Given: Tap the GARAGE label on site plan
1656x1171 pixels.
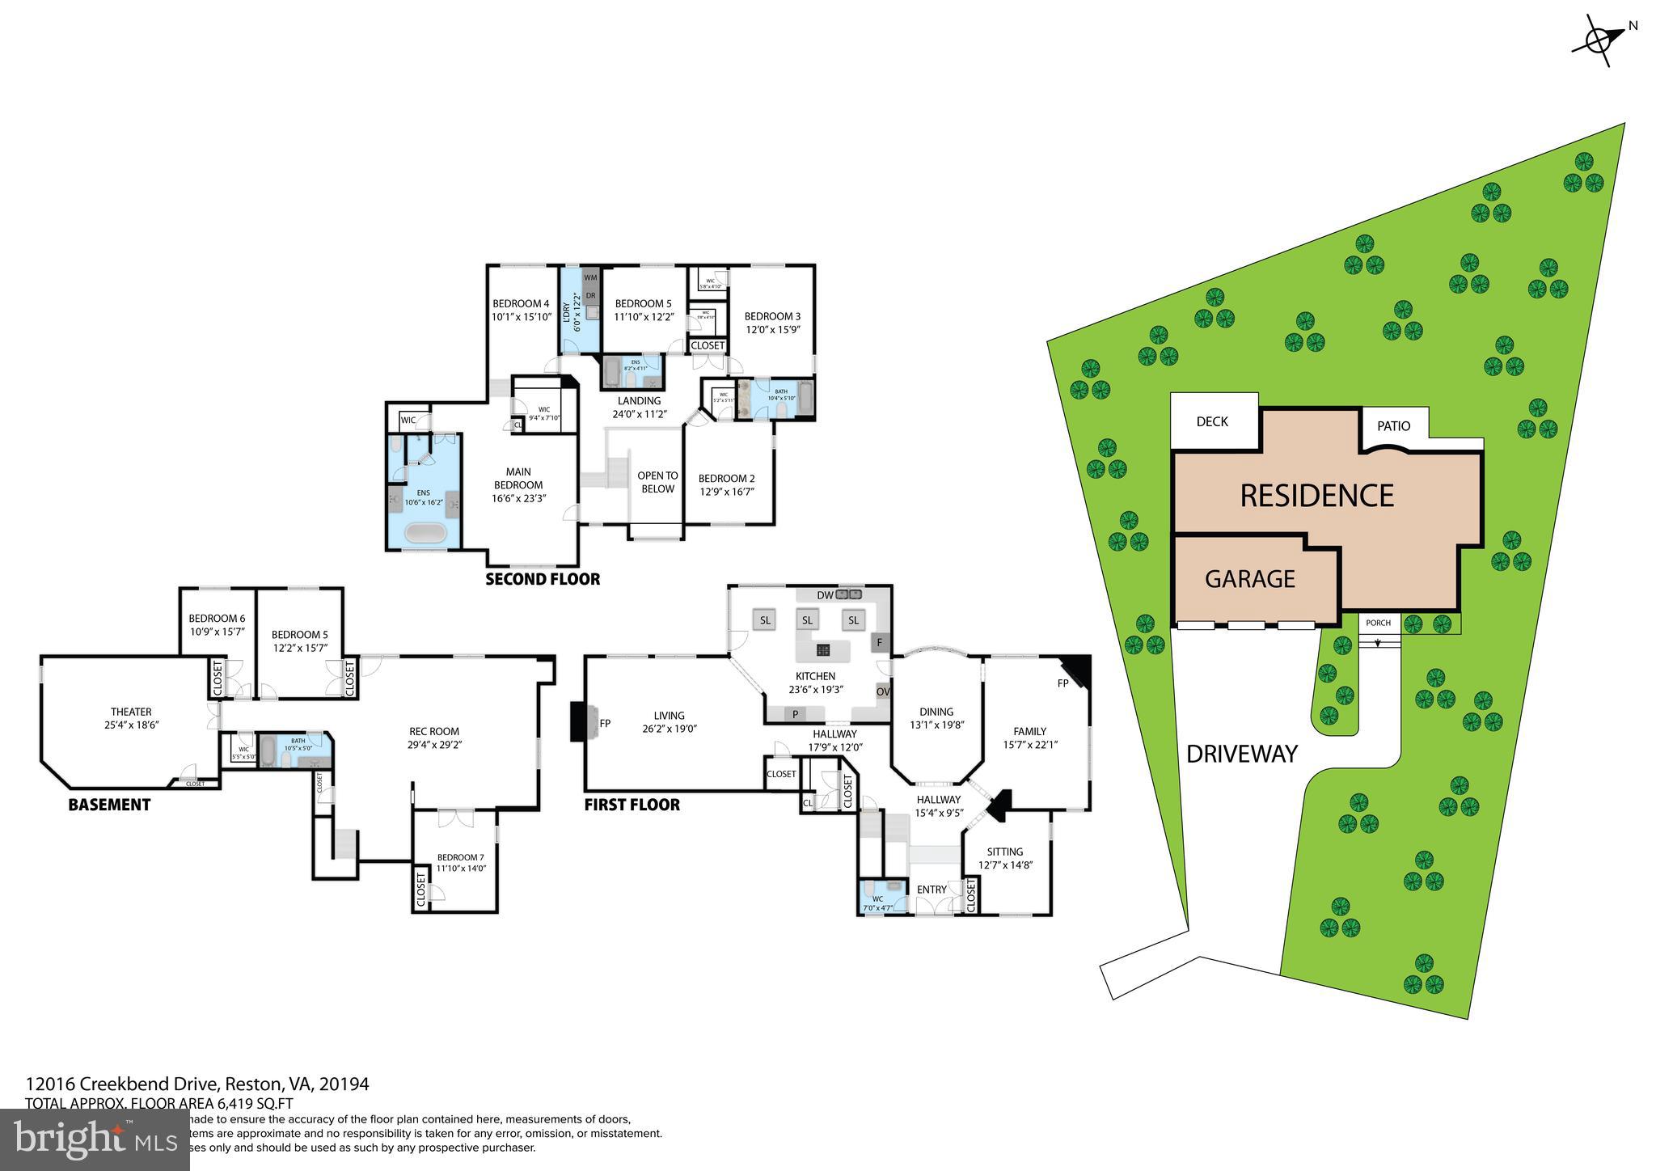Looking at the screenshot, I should click(1249, 579).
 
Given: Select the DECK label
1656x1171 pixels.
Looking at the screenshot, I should click(1211, 421).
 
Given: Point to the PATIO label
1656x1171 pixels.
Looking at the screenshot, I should click(1393, 426).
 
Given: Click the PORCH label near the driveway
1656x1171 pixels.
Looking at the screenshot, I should click(1378, 623).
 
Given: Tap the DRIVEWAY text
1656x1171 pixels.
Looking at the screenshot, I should click(1241, 754).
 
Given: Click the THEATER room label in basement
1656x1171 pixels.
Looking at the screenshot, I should click(131, 712).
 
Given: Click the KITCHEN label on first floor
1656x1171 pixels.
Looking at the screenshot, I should click(815, 676).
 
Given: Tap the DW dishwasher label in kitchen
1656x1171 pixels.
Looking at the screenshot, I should click(824, 595).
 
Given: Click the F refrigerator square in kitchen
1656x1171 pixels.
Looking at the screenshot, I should click(879, 643).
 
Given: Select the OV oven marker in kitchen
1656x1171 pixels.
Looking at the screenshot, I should click(883, 692).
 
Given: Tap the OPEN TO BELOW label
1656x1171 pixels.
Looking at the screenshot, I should click(657, 482).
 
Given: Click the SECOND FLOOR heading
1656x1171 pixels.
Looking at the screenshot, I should click(543, 579).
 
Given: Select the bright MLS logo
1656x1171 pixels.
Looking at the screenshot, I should click(95, 1139).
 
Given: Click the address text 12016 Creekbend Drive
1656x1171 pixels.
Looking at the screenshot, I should click(197, 1084).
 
